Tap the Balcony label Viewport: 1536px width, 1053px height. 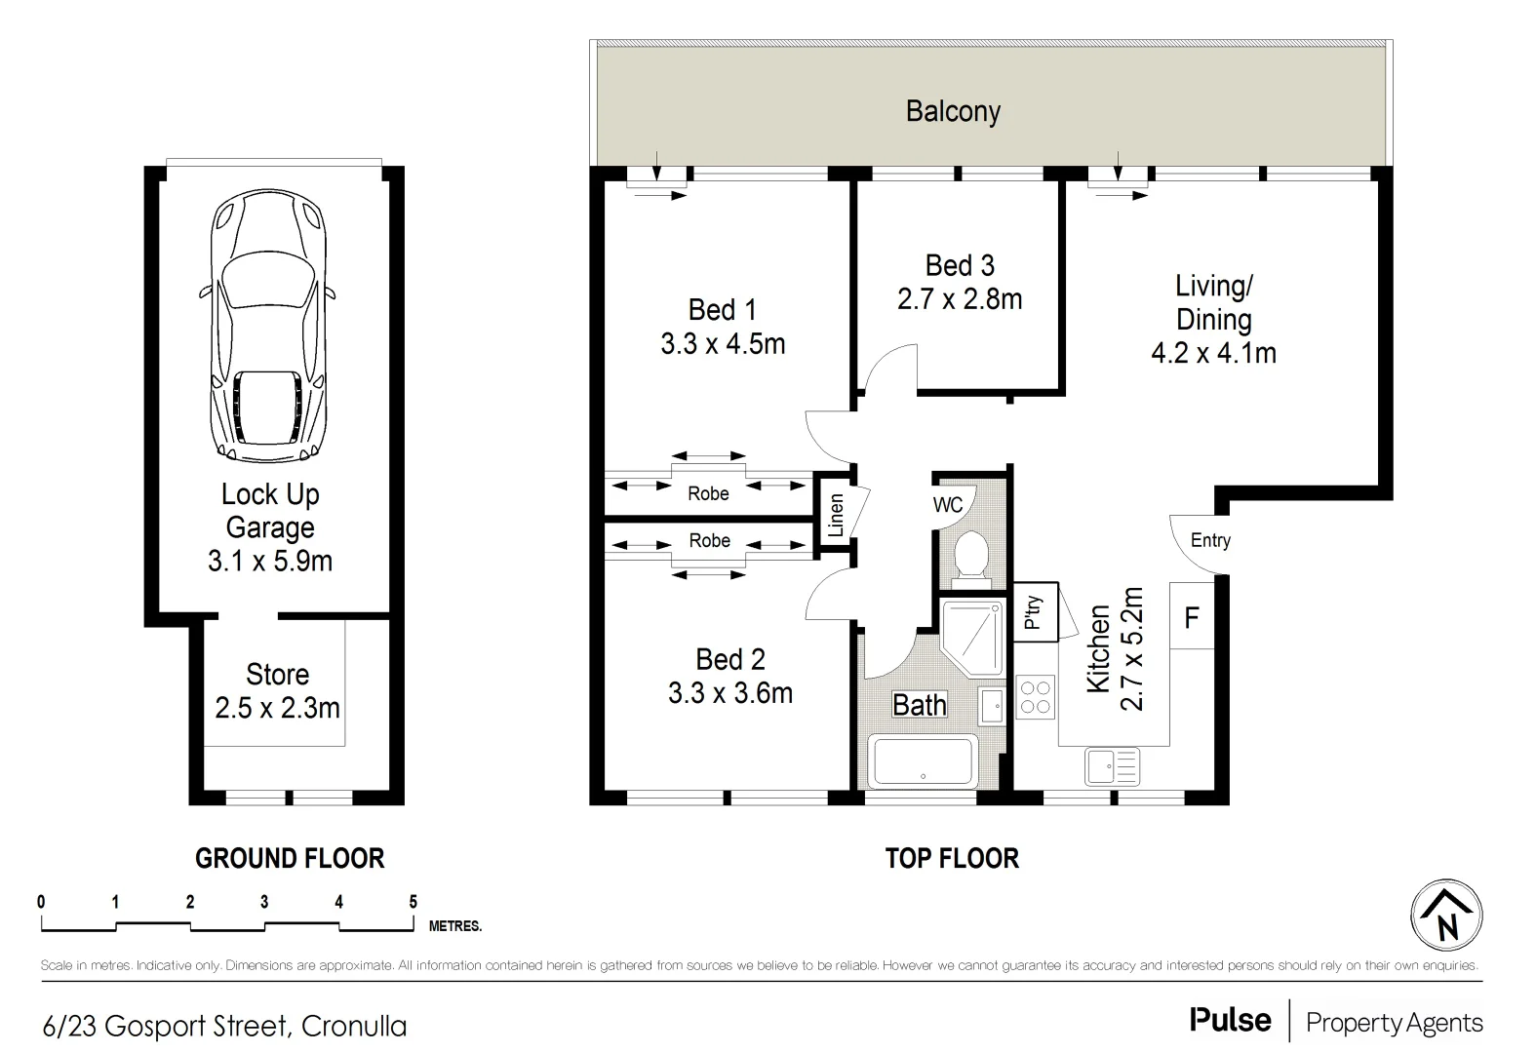[953, 111]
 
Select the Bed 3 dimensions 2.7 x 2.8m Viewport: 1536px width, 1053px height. [960, 299]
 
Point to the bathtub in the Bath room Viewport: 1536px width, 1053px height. [923, 760]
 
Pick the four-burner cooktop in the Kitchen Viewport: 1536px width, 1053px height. [1035, 697]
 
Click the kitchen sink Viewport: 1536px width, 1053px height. [1112, 765]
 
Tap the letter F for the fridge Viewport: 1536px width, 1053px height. [1192, 618]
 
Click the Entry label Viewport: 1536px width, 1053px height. [1210, 540]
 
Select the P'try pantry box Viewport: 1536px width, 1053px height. [1035, 611]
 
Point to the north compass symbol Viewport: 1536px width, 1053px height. [1446, 916]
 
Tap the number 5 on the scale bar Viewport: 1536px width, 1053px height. [413, 902]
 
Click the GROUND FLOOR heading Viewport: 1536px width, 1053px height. [290, 858]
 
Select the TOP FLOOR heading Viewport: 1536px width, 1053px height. [952, 858]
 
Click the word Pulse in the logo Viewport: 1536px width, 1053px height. [1230, 1020]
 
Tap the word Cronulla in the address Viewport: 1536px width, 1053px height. [354, 1027]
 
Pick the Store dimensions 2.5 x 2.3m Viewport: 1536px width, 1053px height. [277, 708]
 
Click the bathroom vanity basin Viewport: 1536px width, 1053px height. [992, 706]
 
